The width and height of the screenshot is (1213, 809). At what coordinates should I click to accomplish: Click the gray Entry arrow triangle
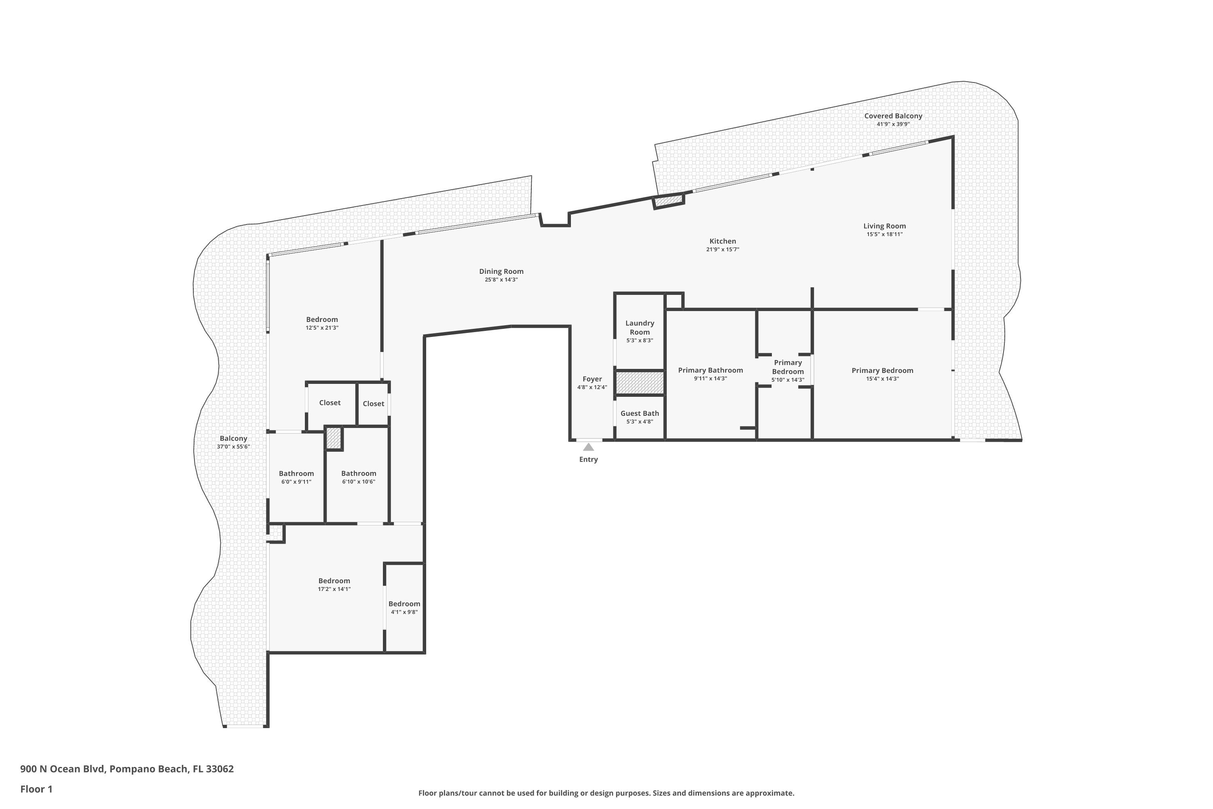(588, 447)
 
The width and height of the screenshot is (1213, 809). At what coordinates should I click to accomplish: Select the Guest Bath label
(640, 413)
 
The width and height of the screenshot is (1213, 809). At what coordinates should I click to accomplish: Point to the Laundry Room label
(640, 328)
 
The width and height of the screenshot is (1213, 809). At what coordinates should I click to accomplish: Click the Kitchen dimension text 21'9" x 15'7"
(723, 250)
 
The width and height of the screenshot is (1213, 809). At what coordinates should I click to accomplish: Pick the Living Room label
(885, 226)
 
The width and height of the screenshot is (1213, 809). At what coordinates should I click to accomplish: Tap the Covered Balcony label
(893, 116)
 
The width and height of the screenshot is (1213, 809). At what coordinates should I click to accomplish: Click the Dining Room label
(501, 271)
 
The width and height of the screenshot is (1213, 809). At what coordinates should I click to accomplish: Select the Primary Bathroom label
(710, 371)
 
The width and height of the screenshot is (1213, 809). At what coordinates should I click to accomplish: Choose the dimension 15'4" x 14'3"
(882, 379)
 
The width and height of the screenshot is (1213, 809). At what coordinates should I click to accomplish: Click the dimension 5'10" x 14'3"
(788, 380)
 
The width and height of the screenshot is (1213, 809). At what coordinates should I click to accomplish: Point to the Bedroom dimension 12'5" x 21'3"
(322, 328)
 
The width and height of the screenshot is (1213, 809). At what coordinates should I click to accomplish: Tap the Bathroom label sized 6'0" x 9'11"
(296, 474)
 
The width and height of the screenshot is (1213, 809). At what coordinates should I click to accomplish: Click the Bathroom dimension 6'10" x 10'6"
(358, 482)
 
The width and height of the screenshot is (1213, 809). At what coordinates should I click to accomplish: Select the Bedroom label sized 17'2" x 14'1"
(334, 581)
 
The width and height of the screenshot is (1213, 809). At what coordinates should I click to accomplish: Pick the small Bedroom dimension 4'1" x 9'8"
(404, 612)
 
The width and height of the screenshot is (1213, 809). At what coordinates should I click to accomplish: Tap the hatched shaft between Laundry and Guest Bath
(640, 383)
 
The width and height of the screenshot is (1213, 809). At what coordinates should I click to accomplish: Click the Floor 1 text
(36, 789)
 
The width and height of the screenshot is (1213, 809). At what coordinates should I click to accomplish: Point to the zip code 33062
(220, 769)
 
